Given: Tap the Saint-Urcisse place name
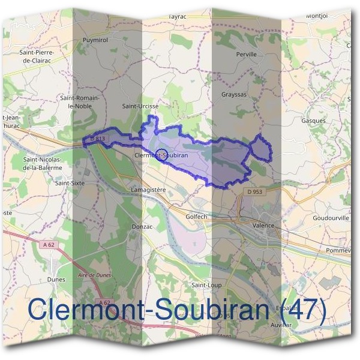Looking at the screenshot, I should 140,106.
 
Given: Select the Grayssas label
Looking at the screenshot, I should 234,95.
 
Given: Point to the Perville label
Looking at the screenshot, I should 247,54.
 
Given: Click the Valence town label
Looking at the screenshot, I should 263,226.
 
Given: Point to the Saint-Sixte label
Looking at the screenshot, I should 70,182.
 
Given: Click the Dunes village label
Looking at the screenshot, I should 56,280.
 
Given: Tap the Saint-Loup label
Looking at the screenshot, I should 206,284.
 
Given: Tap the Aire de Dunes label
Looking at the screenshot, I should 94,275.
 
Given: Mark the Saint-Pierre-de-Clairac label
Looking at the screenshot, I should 38,56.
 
